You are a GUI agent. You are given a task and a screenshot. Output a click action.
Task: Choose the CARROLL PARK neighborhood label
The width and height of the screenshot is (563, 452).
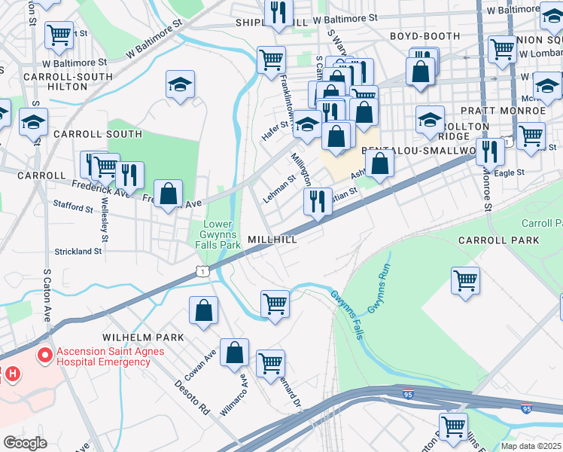pos(498,240)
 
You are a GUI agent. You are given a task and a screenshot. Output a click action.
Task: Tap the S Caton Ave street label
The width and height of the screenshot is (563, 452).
pos(47,294)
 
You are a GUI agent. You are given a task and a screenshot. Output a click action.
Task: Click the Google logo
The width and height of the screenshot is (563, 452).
pos(25,442)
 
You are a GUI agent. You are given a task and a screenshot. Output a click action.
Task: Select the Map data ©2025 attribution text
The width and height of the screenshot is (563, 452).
pos(531,446)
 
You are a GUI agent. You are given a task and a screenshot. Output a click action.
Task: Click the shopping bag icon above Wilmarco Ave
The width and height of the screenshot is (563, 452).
pos(236,352)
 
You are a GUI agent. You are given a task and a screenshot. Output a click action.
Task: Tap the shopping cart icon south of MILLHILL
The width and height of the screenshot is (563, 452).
pos(275,304)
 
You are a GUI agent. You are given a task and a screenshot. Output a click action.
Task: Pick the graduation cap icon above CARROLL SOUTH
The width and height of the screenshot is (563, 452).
pos(181,85)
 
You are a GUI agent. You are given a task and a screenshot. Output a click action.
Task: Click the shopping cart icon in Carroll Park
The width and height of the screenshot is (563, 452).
pos(466,281)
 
